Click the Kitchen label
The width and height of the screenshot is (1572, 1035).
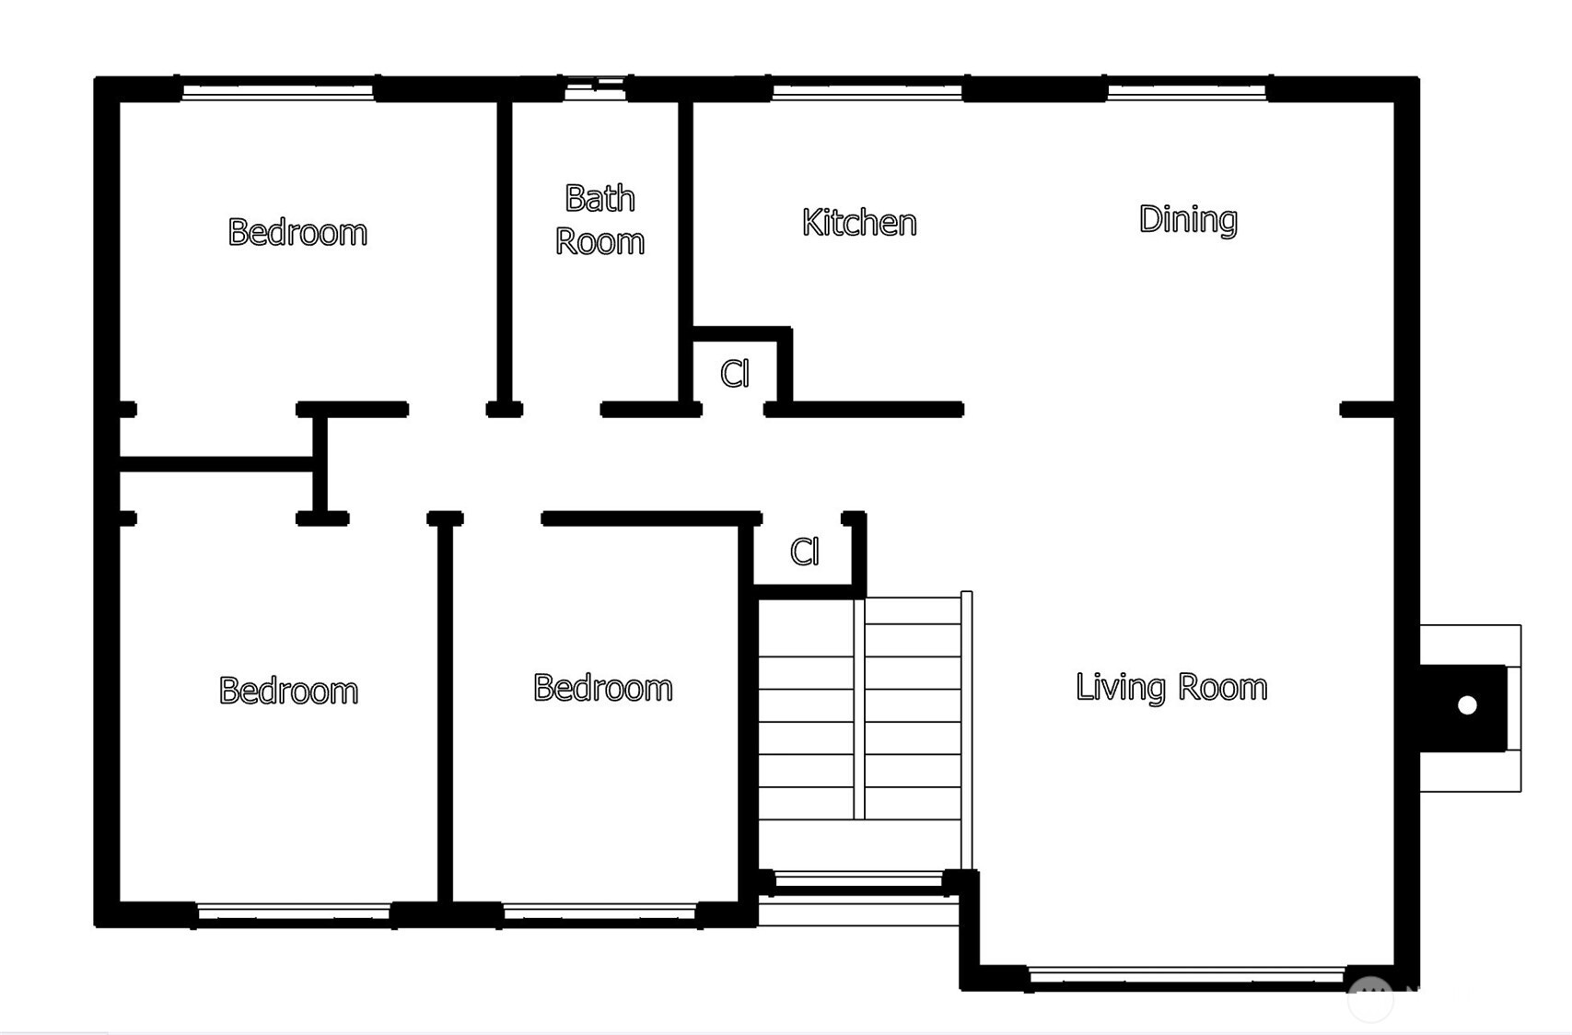(x=860, y=223)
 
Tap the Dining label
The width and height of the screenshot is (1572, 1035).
(x=1188, y=220)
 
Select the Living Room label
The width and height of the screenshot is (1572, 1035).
(x=1171, y=687)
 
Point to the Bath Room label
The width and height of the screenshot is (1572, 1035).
(x=600, y=220)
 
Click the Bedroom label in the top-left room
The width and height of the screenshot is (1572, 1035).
(x=297, y=232)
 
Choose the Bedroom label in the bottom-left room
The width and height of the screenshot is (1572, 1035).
(x=288, y=691)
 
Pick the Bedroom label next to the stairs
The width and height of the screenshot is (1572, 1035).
(x=603, y=688)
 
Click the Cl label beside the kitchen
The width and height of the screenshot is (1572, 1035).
(x=735, y=374)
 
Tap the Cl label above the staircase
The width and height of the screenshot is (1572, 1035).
(x=805, y=552)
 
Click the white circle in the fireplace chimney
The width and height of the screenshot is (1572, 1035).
(x=1467, y=705)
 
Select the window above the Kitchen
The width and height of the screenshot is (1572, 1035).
(x=868, y=92)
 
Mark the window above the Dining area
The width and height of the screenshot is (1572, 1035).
(x=1187, y=92)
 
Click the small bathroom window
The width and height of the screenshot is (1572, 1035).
(x=595, y=88)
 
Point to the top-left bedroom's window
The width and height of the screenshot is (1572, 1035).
(x=278, y=92)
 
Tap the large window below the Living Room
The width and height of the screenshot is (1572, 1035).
(x=1187, y=975)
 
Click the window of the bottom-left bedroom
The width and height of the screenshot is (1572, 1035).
(x=294, y=912)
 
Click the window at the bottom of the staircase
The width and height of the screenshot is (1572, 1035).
(x=859, y=880)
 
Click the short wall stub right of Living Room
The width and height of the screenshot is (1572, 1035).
(x=1367, y=409)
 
